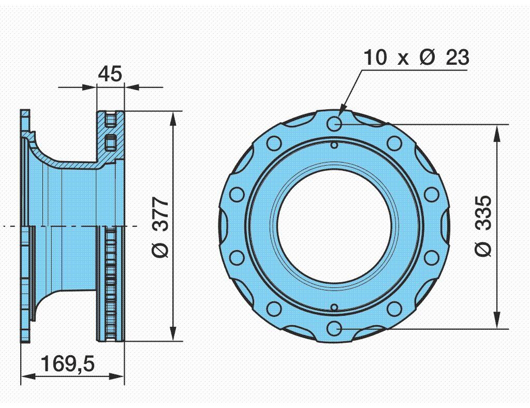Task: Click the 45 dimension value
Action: tap(110, 74)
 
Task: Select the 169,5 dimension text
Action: tap(68, 363)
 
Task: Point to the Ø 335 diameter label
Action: tap(483, 226)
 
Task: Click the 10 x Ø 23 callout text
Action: tap(417, 57)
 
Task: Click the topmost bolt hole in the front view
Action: tap(334, 124)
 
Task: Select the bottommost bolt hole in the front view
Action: tap(334, 329)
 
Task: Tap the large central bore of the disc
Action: tap(334, 226)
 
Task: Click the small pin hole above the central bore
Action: tap(334, 145)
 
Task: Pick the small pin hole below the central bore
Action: tap(334, 308)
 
